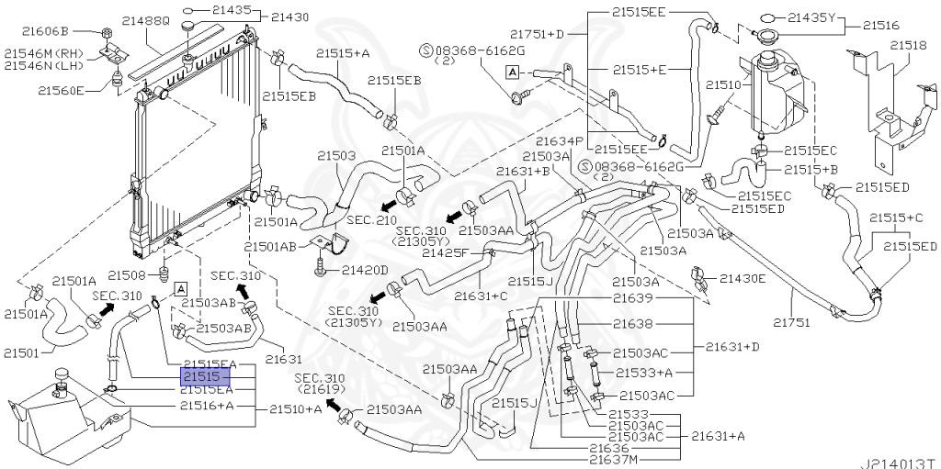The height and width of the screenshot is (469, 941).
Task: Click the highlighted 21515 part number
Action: click(x=199, y=377)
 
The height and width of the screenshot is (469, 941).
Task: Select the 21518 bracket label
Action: click(x=907, y=43)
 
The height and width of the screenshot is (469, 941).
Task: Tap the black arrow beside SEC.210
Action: click(x=389, y=200)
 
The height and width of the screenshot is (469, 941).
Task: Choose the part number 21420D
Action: click(x=365, y=270)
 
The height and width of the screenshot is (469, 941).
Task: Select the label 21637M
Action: click(x=614, y=459)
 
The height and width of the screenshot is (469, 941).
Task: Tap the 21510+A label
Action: click(x=296, y=408)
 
